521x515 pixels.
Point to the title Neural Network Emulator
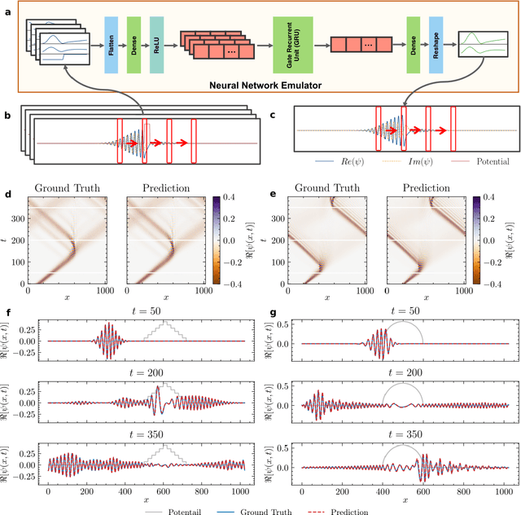(x=273, y=84)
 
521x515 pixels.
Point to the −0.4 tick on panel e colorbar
(x=494, y=282)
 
